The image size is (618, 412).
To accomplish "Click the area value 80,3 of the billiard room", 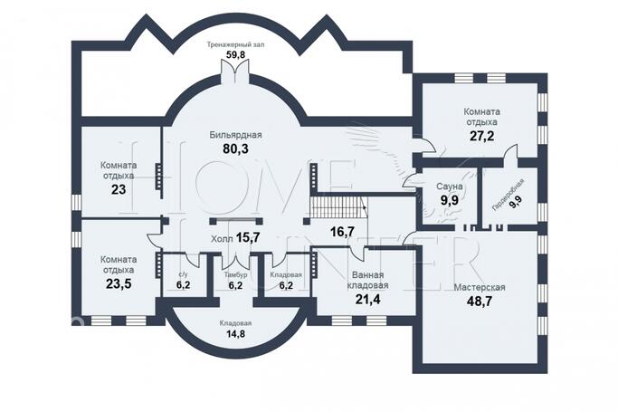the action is tap(235, 149).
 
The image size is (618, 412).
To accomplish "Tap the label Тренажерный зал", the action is tap(236, 44).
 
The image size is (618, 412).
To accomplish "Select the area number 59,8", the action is tap(236, 54).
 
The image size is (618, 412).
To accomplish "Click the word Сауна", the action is tap(450, 187).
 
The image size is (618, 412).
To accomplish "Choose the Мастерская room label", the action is tap(480, 287).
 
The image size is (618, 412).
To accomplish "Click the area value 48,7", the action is tap(479, 302).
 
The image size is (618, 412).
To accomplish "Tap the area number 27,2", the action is tap(481, 136).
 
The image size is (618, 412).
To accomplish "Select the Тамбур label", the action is tap(235, 274).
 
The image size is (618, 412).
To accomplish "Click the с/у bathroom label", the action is tap(183, 274).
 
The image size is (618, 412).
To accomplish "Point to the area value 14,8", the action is tap(235, 333).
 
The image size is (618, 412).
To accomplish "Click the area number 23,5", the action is tap(119, 284).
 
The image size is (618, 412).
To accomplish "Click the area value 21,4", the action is tap(368, 300).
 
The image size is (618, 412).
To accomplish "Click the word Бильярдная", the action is tap(235, 135).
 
